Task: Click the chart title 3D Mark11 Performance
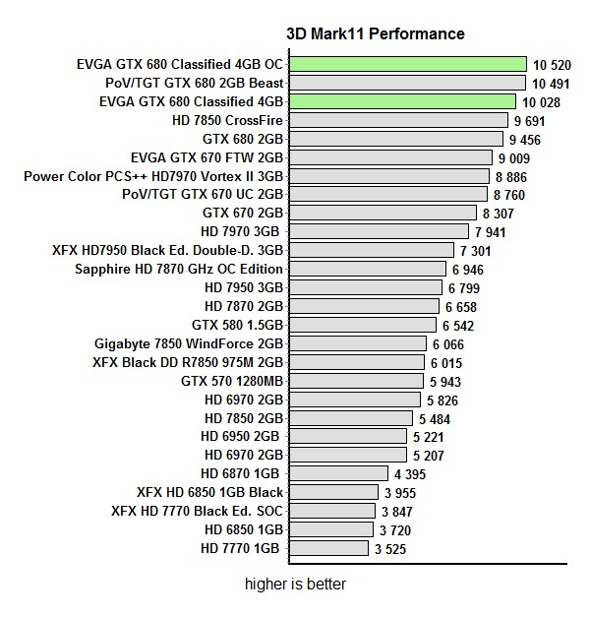pos(375,34)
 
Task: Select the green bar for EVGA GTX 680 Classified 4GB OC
pos(409,64)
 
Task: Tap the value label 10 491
pos(551,83)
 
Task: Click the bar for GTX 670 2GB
pos(383,213)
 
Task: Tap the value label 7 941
pos(493,232)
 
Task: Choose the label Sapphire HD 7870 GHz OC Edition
pos(179,269)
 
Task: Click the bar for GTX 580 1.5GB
pos(364,324)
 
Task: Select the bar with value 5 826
pos(357,399)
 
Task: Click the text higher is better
pos(295,585)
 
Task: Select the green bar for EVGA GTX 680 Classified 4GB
pos(403,101)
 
